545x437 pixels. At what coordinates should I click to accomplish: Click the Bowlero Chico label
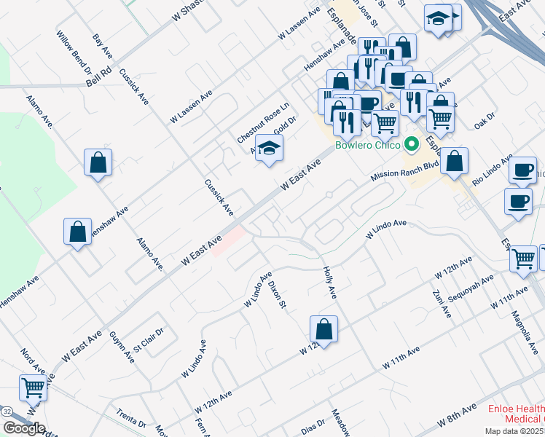(367, 144)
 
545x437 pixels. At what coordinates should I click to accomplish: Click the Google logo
(24, 428)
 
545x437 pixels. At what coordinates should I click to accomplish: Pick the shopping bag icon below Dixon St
(324, 328)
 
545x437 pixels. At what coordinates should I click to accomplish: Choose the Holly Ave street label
(329, 282)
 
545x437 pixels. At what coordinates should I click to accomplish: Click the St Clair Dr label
(149, 341)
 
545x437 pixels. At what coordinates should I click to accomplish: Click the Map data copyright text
(517, 430)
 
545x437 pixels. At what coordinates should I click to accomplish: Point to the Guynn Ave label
(122, 347)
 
